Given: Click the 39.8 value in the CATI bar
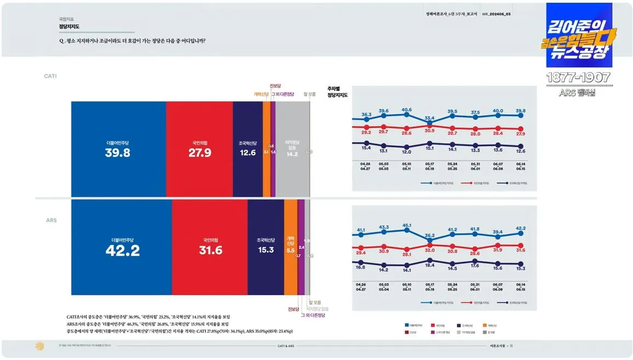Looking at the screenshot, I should (x=118, y=153).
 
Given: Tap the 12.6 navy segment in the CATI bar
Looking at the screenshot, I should (x=248, y=153).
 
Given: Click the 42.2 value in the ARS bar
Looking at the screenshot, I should (x=122, y=250).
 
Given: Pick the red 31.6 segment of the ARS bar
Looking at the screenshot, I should (x=210, y=250).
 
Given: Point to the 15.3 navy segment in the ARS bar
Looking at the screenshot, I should (x=266, y=250).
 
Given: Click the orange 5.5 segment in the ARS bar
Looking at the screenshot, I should (x=290, y=250).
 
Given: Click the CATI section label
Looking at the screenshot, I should (x=50, y=76).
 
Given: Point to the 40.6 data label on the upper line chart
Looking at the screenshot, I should (x=406, y=110).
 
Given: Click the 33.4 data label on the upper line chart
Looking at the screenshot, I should (x=429, y=118).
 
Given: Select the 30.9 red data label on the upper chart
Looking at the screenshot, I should (x=429, y=130).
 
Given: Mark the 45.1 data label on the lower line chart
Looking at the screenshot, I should (x=406, y=225).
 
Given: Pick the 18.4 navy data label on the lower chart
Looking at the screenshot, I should (x=429, y=265).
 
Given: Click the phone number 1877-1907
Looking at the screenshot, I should (x=579, y=78).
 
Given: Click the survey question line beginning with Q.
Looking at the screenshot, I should (x=136, y=41).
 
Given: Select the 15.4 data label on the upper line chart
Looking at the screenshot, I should (x=366, y=148).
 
